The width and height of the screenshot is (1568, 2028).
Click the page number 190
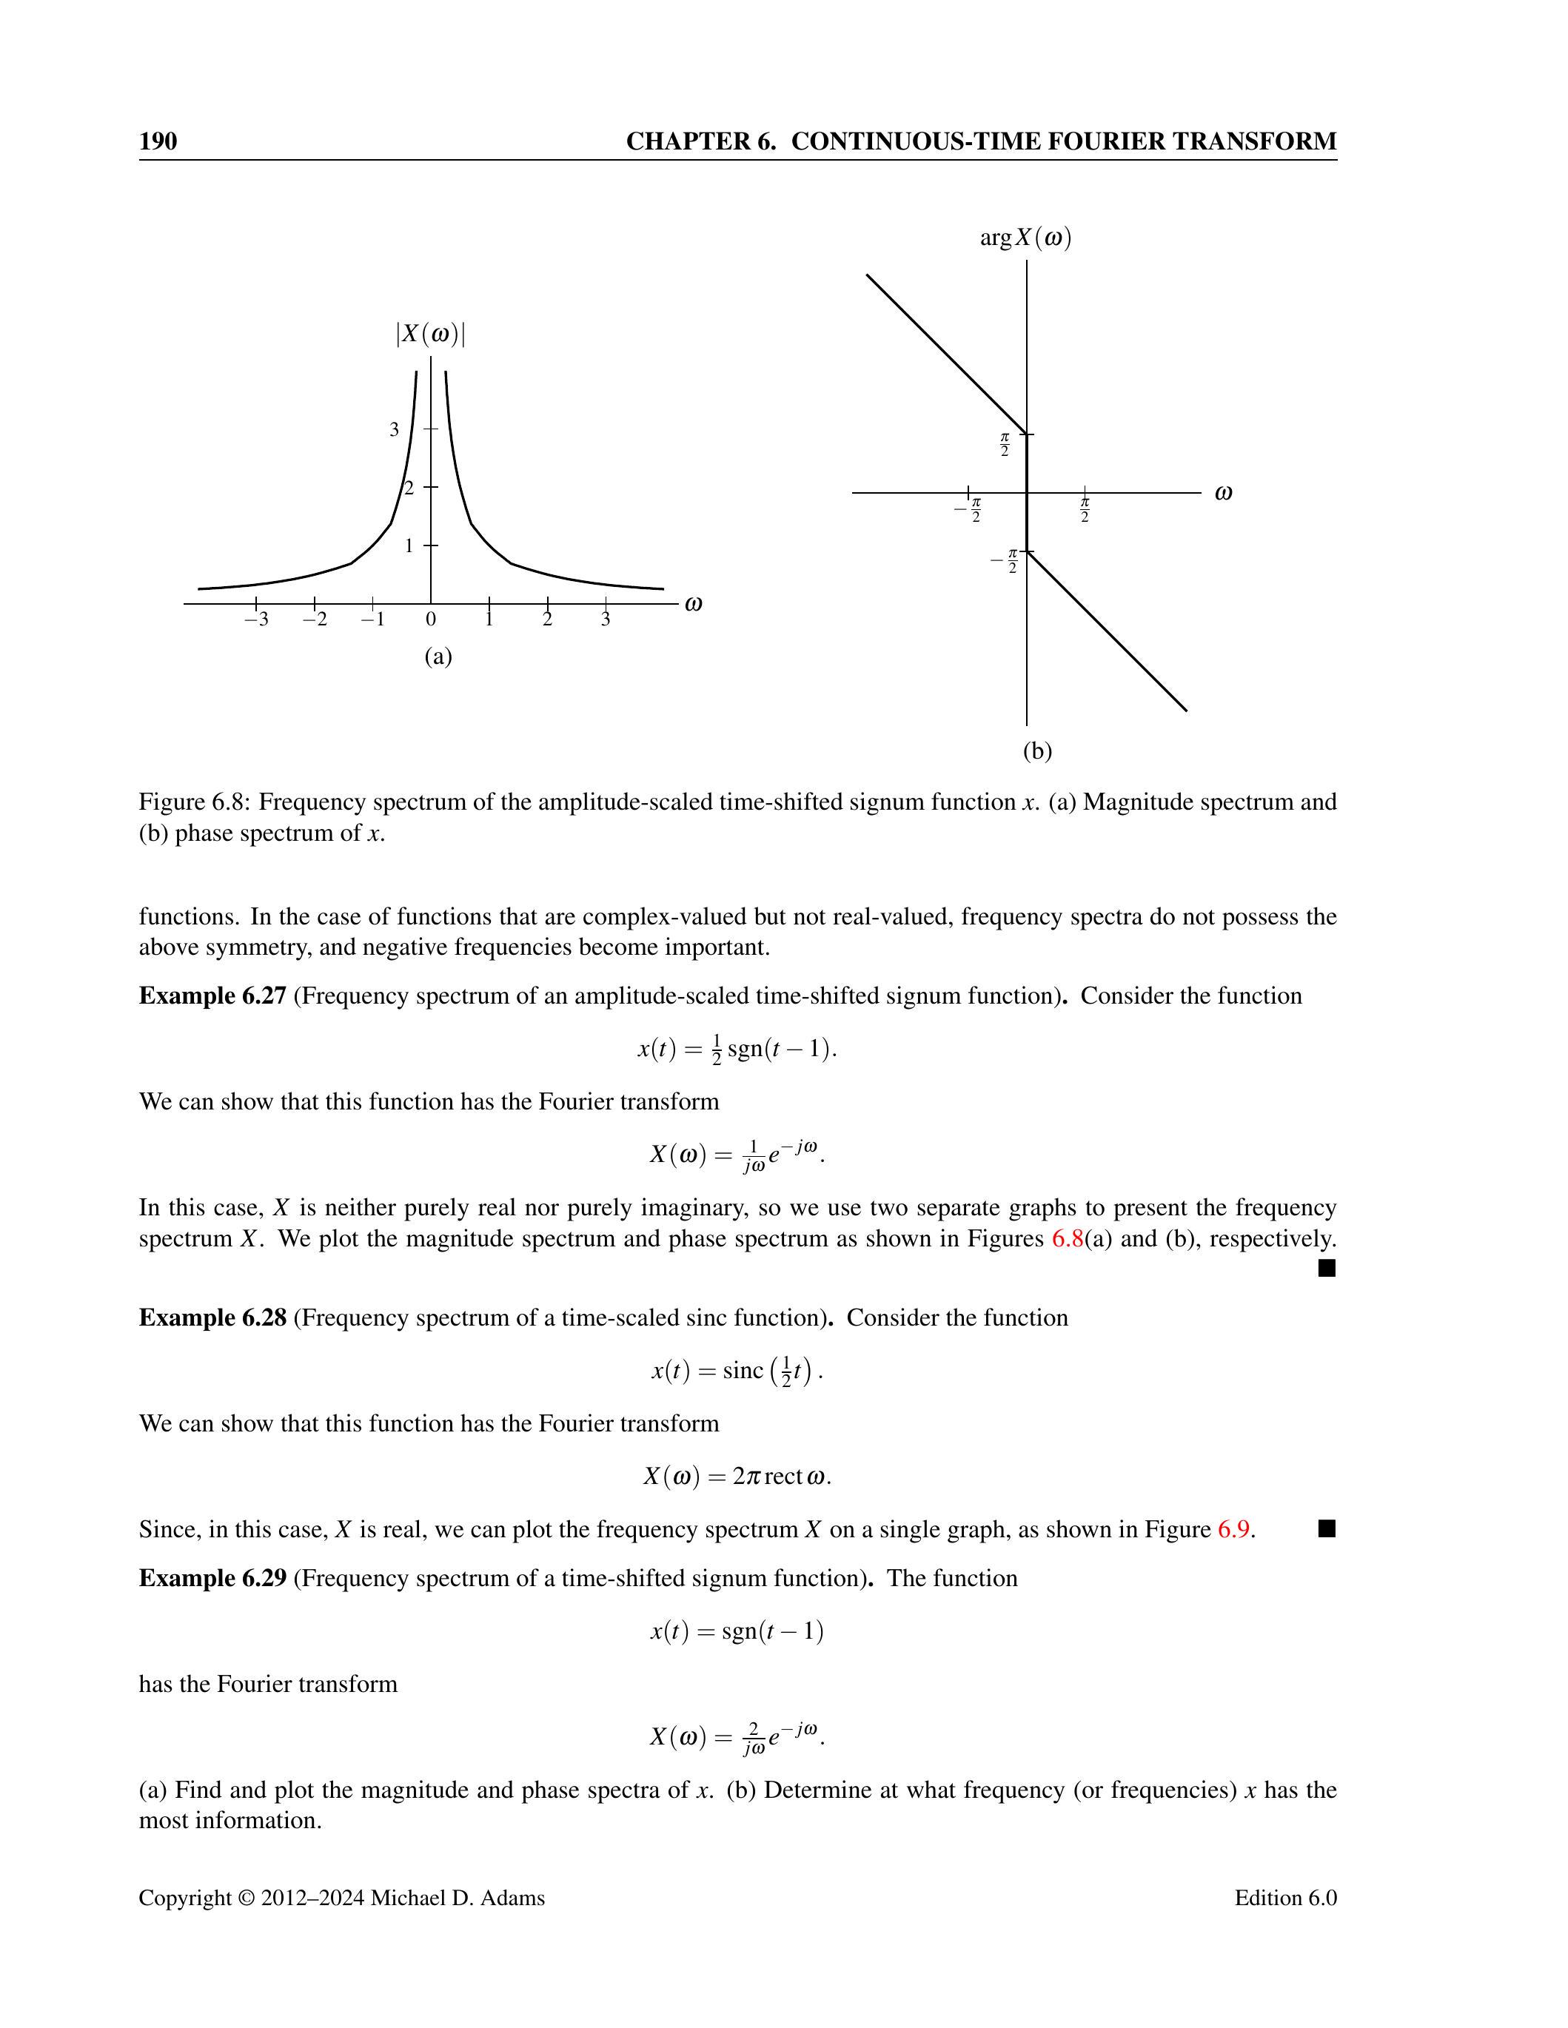pos(158,141)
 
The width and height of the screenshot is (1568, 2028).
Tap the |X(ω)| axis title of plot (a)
pos(430,335)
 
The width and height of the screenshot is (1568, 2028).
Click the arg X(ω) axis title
pos(1025,238)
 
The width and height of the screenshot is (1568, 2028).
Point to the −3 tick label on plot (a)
pos(256,620)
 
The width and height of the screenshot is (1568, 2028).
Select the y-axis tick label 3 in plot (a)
pos(395,430)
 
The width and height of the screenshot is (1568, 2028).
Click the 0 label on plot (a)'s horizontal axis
pos(431,620)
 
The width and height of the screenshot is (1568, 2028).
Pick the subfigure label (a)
pos(438,657)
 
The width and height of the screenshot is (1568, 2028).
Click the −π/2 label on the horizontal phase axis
pos(969,510)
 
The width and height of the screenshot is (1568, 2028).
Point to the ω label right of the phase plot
pos(1223,493)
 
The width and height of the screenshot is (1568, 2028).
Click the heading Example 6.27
pos(212,996)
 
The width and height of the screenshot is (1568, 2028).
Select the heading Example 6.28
pos(212,1319)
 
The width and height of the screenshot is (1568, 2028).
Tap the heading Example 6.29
pos(212,1579)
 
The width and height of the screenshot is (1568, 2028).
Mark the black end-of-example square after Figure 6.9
pos(1327,1528)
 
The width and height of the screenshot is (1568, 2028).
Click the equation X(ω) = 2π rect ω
pos(737,1477)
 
